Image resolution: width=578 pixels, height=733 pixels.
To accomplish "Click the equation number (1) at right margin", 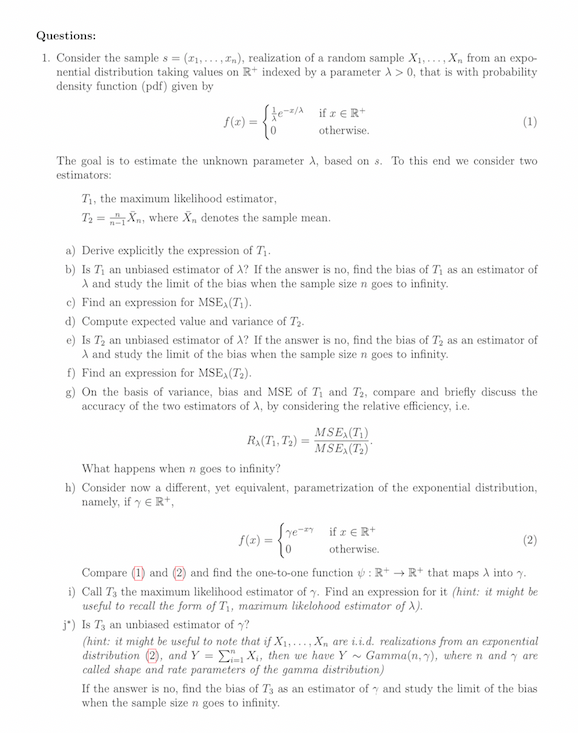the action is (529, 123).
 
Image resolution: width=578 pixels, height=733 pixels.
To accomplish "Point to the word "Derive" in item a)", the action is (100, 249).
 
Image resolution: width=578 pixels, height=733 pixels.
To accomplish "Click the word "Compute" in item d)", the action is (106, 321).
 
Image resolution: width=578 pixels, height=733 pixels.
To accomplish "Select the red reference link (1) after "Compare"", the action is (140, 574).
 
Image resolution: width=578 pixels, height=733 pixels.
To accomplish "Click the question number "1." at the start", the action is (46, 58).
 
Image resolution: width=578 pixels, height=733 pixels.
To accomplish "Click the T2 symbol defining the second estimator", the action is (88, 217).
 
